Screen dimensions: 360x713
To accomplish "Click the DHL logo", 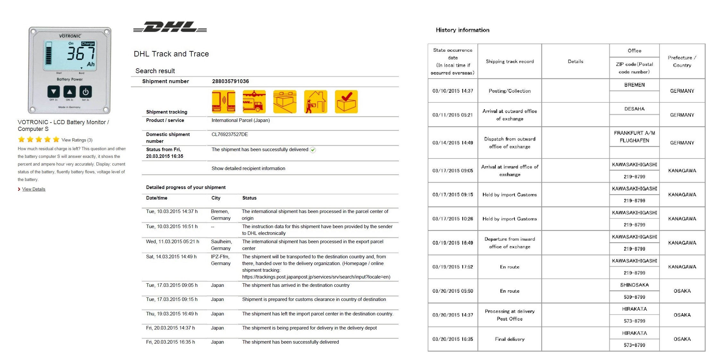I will (170, 27).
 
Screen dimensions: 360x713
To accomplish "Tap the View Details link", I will (34, 189).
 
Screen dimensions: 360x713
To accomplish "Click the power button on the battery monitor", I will (86, 92).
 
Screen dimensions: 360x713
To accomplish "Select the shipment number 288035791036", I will (230, 81).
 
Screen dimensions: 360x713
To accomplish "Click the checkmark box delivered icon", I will (346, 102).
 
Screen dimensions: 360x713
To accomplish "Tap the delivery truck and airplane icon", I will (254, 102).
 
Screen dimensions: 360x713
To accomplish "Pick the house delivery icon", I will (315, 102).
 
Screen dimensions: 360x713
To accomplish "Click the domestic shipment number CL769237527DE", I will (229, 134).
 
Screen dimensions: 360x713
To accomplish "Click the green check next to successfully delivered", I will (313, 150).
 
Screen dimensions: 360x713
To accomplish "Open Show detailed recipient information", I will (248, 168).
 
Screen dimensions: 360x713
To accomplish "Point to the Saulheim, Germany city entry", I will (221, 245).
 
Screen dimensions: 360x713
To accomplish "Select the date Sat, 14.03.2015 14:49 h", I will (171, 256).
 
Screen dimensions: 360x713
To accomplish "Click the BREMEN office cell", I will (634, 85).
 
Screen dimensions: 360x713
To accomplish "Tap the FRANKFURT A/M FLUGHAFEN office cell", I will (634, 137).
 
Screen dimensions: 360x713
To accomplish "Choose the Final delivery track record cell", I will (509, 339).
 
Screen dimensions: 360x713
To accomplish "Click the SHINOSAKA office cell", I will (634, 285).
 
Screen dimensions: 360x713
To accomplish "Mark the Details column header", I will (575, 61).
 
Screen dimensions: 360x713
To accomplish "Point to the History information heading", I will (462, 30).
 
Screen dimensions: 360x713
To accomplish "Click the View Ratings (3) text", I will (77, 140).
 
